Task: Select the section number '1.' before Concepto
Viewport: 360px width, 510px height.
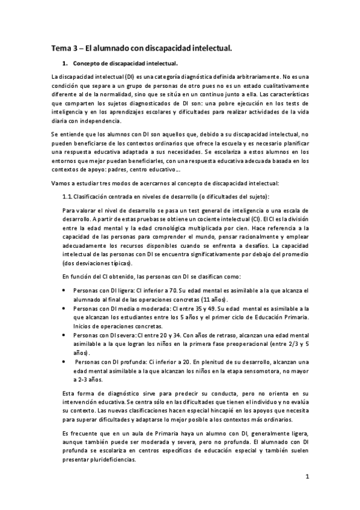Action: coord(65,63)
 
